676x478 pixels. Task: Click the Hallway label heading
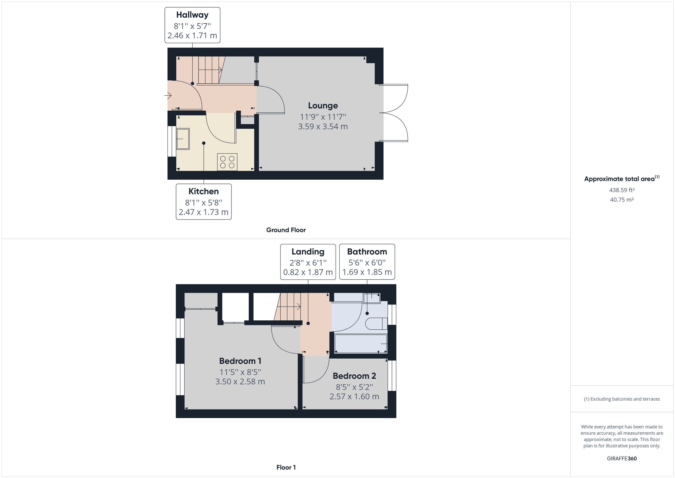click(192, 15)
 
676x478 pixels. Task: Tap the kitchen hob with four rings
click(227, 162)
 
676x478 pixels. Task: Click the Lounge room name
click(323, 105)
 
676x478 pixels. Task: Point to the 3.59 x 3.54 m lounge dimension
click(323, 127)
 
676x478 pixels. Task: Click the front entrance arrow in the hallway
click(168, 95)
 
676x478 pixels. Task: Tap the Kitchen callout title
click(203, 191)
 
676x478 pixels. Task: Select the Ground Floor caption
click(286, 230)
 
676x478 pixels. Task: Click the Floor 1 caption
click(286, 467)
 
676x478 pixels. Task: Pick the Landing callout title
click(308, 252)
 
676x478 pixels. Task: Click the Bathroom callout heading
click(367, 252)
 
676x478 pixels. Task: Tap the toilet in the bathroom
click(376, 324)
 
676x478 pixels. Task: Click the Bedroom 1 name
click(240, 361)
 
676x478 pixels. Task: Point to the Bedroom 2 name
click(354, 376)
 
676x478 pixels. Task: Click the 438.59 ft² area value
click(622, 190)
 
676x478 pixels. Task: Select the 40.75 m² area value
click(622, 200)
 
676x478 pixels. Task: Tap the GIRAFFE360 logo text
click(622, 458)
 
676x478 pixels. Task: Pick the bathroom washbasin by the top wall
click(372, 298)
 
